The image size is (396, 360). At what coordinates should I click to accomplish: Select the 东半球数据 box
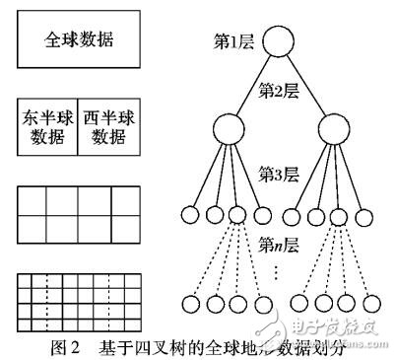47,126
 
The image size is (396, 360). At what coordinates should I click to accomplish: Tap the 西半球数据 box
107,126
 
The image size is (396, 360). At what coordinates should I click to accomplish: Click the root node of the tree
279,42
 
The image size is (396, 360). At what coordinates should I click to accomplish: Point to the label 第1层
235,40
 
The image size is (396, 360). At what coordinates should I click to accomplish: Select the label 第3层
278,174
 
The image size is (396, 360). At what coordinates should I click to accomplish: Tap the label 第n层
279,243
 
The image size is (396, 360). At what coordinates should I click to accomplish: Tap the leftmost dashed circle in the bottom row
190,301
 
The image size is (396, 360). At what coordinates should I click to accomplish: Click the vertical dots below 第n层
279,267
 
